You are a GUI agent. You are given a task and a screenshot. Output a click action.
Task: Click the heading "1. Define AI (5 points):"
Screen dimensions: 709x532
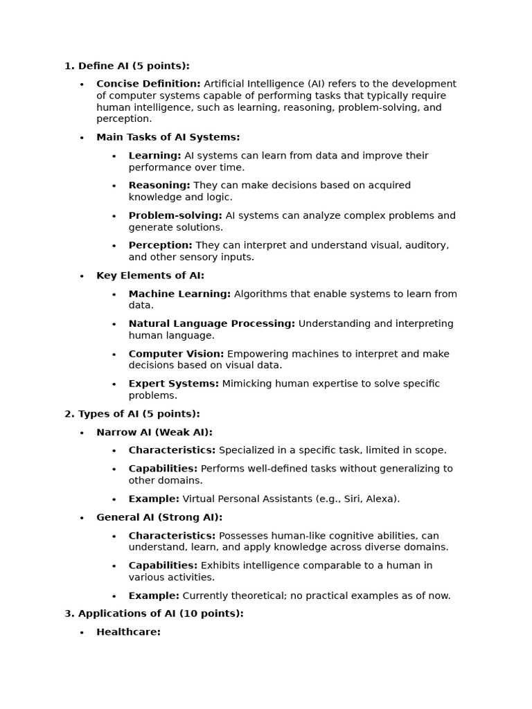coord(127,66)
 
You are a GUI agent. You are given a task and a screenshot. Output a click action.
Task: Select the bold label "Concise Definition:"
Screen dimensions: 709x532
coord(148,84)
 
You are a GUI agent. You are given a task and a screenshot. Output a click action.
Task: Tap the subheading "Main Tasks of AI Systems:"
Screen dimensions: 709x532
coord(168,137)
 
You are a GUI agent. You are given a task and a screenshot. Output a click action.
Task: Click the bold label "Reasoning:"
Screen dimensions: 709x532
coord(159,186)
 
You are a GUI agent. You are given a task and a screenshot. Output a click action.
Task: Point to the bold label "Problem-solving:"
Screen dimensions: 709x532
coord(175,215)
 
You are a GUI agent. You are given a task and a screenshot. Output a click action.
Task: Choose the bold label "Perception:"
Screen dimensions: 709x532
coord(161,245)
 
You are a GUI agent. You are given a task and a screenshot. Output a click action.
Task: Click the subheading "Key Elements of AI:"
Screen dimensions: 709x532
coord(150,276)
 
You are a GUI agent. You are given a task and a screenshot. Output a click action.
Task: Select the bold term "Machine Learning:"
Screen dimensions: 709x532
coord(179,294)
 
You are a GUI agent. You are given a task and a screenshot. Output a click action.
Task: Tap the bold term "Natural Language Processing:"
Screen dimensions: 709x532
coord(211,323)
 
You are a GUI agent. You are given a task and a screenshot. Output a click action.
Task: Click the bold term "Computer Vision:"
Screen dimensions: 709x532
coord(176,354)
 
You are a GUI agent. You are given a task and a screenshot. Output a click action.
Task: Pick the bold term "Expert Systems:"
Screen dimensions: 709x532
coord(173,384)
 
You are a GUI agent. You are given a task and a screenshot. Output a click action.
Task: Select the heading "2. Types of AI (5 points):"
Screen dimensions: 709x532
coord(132,414)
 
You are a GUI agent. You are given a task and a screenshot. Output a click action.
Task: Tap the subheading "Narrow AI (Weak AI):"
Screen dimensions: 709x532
coord(154,432)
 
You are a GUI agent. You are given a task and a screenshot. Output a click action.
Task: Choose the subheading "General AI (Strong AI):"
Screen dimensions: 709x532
coord(159,517)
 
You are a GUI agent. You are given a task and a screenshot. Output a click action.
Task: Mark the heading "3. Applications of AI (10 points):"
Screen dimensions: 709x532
coord(154,613)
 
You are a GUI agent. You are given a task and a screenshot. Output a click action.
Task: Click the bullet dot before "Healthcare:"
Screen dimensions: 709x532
coord(82,633)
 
